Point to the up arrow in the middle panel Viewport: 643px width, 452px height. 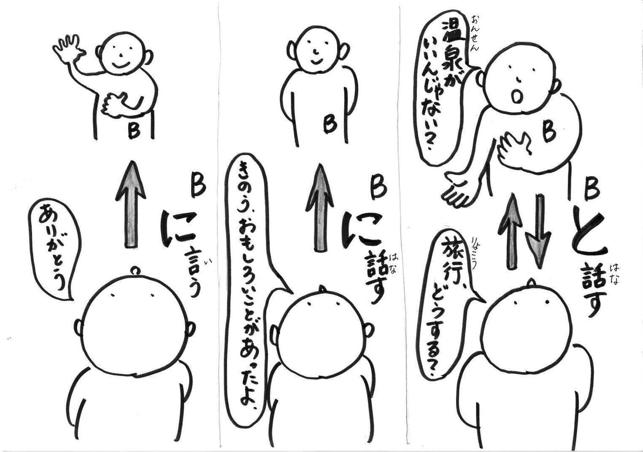[320, 208]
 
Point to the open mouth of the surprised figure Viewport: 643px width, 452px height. [517, 97]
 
